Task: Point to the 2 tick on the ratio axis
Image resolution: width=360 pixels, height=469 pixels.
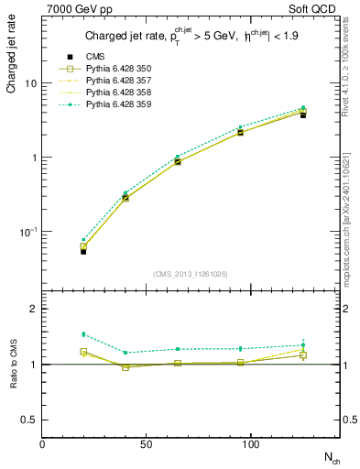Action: point(33,309)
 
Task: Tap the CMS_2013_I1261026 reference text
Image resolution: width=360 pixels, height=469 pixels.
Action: point(191,274)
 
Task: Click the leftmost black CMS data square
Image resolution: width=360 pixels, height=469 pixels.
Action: point(58,250)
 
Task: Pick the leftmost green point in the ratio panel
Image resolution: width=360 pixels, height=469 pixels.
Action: point(58,334)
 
